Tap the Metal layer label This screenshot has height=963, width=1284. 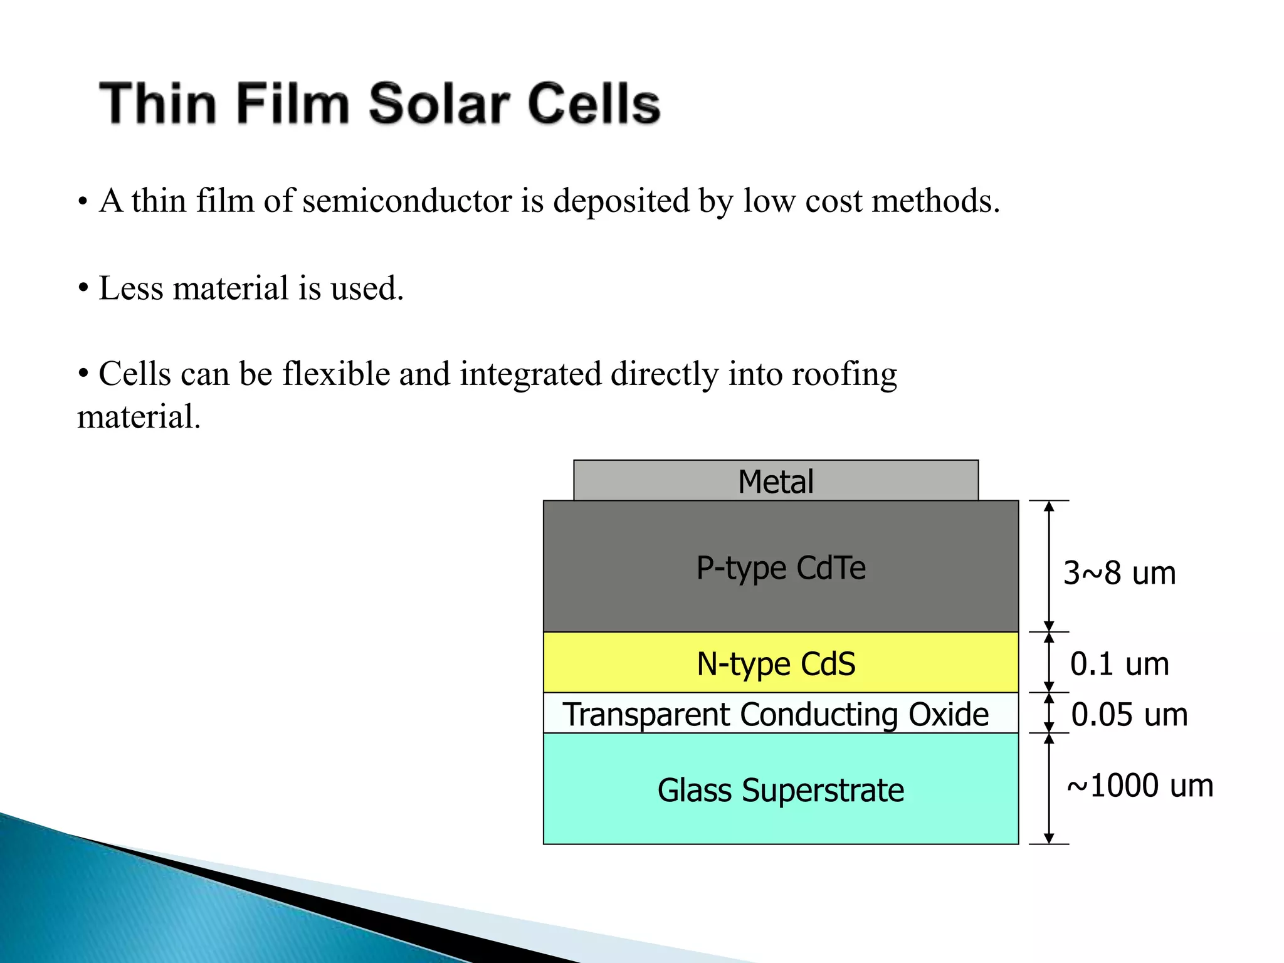pyautogui.click(x=776, y=482)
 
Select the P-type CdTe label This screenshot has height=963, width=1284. pyautogui.click(x=781, y=568)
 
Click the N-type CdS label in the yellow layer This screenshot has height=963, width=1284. pyautogui.click(x=776, y=664)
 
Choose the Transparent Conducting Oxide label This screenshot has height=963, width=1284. pyautogui.click(x=776, y=715)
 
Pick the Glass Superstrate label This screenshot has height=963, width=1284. pyautogui.click(x=781, y=790)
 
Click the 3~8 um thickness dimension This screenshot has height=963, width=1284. pyautogui.click(x=1119, y=573)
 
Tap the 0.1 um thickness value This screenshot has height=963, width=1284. pyautogui.click(x=1119, y=664)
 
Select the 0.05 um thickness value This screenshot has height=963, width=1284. pyautogui.click(x=1129, y=715)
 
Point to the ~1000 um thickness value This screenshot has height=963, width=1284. pyautogui.click(x=1140, y=786)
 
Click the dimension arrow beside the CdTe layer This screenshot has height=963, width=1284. pyautogui.click(x=1049, y=566)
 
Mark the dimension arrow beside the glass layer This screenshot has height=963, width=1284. pyautogui.click(x=1049, y=789)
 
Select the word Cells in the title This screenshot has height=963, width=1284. pyautogui.click(x=594, y=103)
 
